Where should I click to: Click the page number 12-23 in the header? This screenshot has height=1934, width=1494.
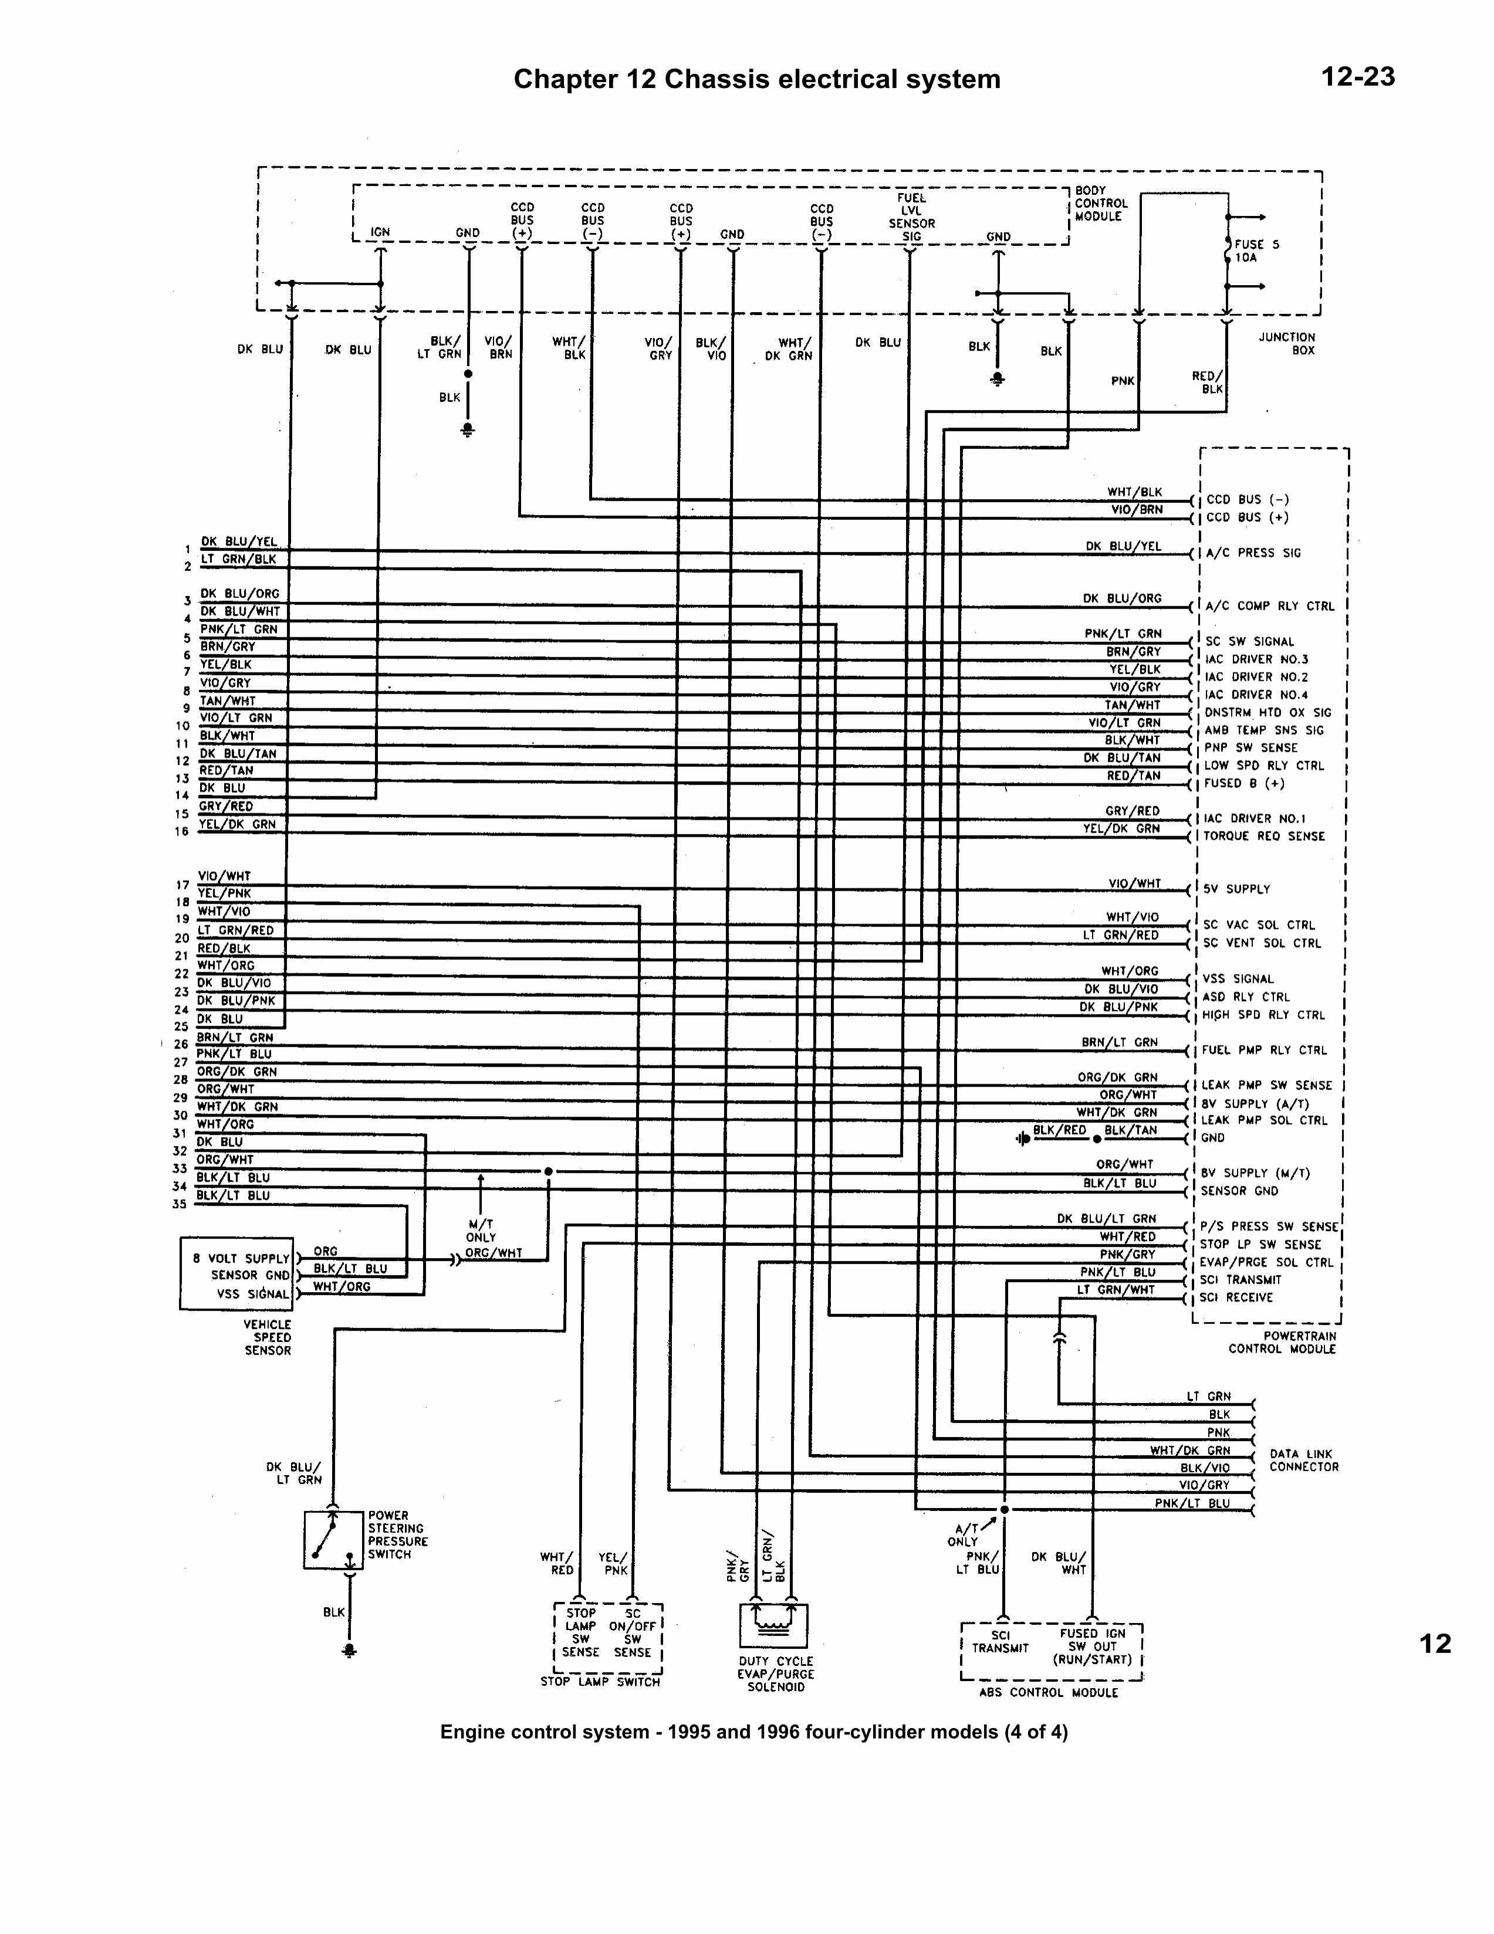pyautogui.click(x=1358, y=77)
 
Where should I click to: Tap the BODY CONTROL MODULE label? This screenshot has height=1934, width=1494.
pyautogui.click(x=1099, y=204)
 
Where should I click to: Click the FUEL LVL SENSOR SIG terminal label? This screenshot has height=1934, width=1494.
pyautogui.click(x=911, y=217)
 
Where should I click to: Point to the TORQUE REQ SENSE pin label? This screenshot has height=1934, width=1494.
pyautogui.click(x=1264, y=836)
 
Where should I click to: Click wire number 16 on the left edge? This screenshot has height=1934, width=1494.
pyautogui.click(x=181, y=831)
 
